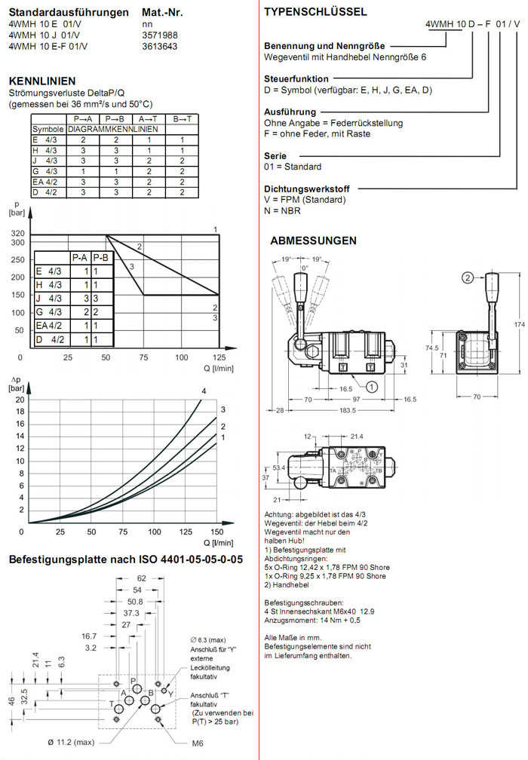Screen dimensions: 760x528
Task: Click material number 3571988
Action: [x=160, y=35]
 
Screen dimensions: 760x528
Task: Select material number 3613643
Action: [x=160, y=45]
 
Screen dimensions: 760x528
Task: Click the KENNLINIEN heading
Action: [x=42, y=81]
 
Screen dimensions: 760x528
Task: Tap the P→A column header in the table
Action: [x=83, y=119]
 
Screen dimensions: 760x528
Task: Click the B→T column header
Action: [x=182, y=119]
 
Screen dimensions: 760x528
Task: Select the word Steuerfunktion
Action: [x=296, y=78]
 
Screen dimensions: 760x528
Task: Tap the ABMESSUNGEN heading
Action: [x=313, y=241]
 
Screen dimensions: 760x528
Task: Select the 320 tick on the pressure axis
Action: [x=17, y=234]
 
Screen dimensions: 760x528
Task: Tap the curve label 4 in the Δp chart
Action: [x=204, y=391]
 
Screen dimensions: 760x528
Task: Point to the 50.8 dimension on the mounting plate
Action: [x=135, y=602]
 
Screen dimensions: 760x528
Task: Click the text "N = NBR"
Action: [x=282, y=211]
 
